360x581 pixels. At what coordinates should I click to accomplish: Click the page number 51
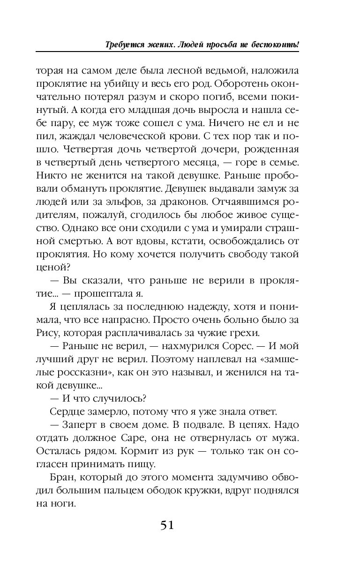coord(167,525)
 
